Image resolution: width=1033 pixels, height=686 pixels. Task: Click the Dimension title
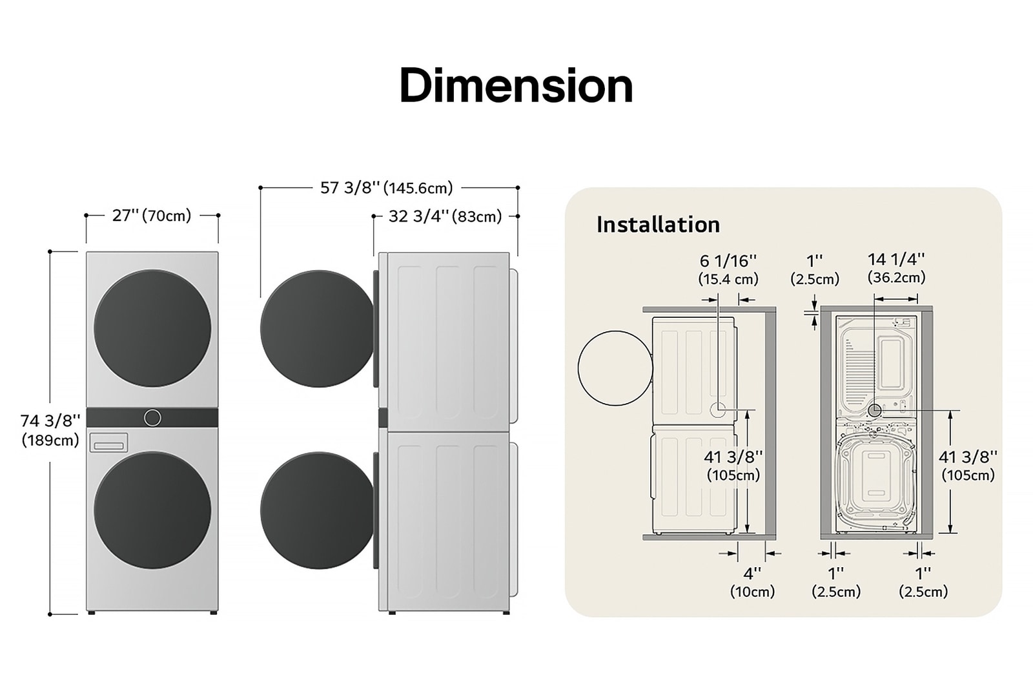tap(516, 85)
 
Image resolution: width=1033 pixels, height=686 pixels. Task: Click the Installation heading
tap(658, 225)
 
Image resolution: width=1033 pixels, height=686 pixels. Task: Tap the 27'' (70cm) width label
tap(152, 215)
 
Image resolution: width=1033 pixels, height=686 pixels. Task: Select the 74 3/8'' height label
tap(50, 430)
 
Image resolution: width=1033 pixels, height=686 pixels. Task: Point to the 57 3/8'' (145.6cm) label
tap(387, 188)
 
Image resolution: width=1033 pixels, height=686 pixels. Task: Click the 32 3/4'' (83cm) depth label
tap(445, 216)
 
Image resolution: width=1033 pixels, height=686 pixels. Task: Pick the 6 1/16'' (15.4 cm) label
tap(728, 269)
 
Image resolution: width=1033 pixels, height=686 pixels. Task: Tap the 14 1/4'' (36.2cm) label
tap(896, 268)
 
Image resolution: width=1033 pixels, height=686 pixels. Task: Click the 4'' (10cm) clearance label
tap(752, 581)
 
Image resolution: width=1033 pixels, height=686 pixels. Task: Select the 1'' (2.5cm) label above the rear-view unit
tap(815, 269)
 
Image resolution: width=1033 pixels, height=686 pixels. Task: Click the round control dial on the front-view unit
tap(152, 417)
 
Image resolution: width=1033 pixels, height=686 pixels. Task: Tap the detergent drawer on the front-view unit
tap(108, 443)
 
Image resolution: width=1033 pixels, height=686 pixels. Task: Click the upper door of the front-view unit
tap(152, 328)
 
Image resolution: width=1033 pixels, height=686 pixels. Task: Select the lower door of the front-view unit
tap(152, 510)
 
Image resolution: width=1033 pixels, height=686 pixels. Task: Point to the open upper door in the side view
tap(316, 329)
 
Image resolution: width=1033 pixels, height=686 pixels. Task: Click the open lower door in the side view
tap(316, 510)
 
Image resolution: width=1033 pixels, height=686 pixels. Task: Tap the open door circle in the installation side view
tap(615, 368)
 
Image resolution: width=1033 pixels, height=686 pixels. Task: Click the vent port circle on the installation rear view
tap(875, 410)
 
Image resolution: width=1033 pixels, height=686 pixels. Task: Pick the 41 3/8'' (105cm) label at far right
tap(968, 465)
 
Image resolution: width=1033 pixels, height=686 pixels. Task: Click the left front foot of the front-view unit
tap(92, 612)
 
